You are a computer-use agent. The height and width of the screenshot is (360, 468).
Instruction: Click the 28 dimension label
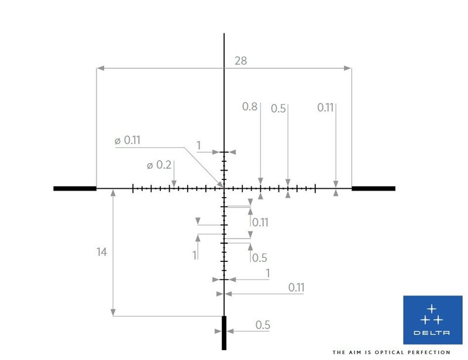[240, 61]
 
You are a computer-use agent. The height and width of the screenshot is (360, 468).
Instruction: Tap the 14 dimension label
[101, 252]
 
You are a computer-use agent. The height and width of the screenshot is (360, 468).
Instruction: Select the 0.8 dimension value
[250, 106]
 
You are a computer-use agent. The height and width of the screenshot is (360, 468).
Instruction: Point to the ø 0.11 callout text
[128, 140]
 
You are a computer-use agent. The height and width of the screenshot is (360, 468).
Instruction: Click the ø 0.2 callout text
[159, 165]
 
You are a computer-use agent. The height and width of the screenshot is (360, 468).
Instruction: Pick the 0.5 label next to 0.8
[278, 109]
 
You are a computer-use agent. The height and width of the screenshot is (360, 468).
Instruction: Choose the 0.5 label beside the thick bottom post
[263, 325]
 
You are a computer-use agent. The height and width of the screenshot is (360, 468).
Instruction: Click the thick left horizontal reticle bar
[75, 189]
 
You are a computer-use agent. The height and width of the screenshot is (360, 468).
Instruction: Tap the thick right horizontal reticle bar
[373, 189]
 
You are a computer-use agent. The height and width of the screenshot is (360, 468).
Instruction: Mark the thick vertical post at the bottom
[224, 333]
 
